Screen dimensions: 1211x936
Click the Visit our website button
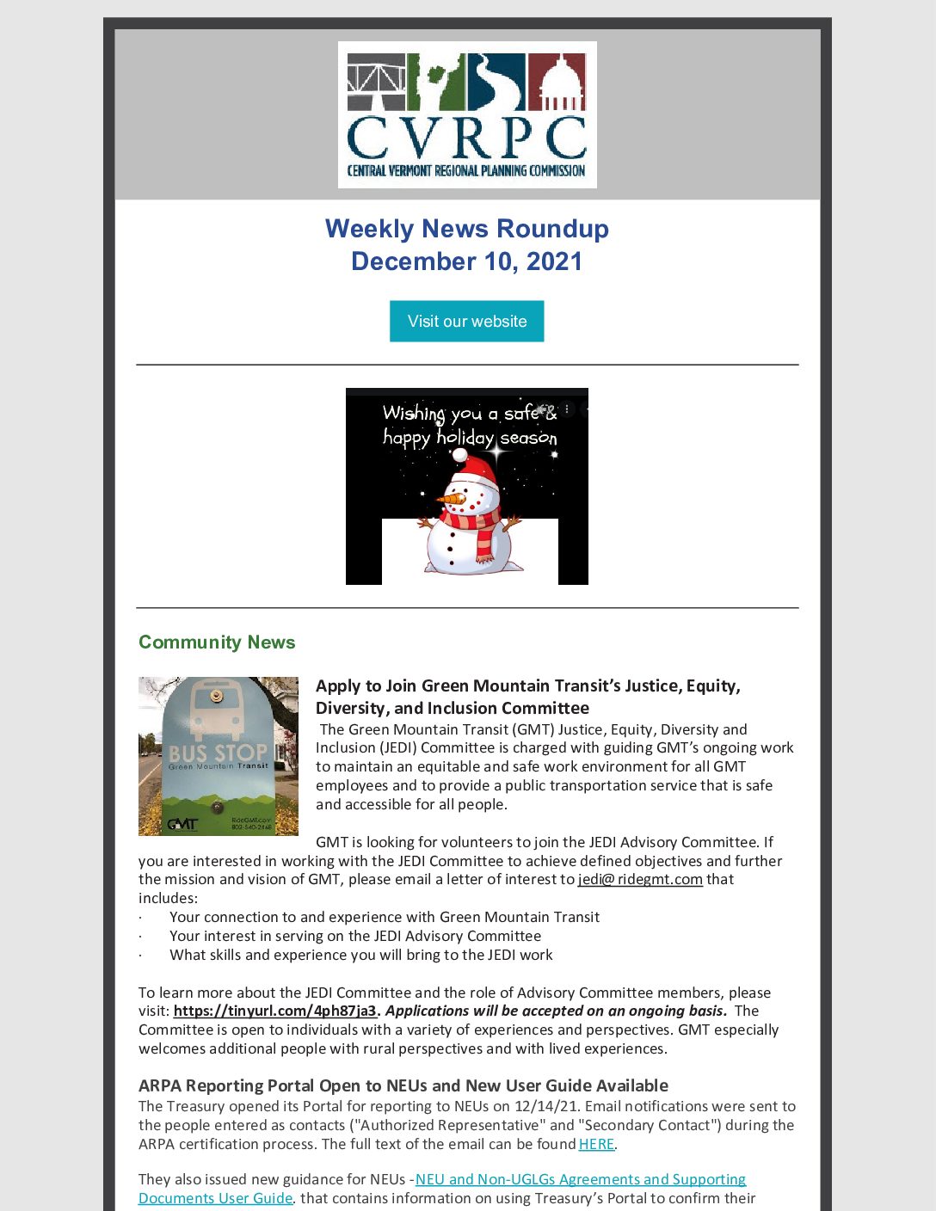(x=466, y=321)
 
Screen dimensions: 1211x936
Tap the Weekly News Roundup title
(x=466, y=229)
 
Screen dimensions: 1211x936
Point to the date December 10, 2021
(x=466, y=261)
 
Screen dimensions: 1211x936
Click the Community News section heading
(x=217, y=642)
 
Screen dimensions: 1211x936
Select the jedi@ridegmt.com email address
(x=640, y=879)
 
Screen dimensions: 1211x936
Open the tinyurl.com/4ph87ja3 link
(x=274, y=1011)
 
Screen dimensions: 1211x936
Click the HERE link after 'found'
(x=596, y=1144)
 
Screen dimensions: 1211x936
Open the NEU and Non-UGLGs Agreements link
(x=581, y=1179)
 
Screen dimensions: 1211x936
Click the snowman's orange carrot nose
(x=449, y=498)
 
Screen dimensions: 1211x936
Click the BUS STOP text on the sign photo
(x=218, y=753)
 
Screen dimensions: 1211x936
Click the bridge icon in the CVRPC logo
(x=376, y=83)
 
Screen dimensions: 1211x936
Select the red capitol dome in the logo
(x=557, y=82)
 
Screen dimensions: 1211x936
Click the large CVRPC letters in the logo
(x=466, y=138)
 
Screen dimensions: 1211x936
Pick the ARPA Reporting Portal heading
(x=403, y=1085)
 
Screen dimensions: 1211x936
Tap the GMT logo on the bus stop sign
(x=182, y=824)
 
